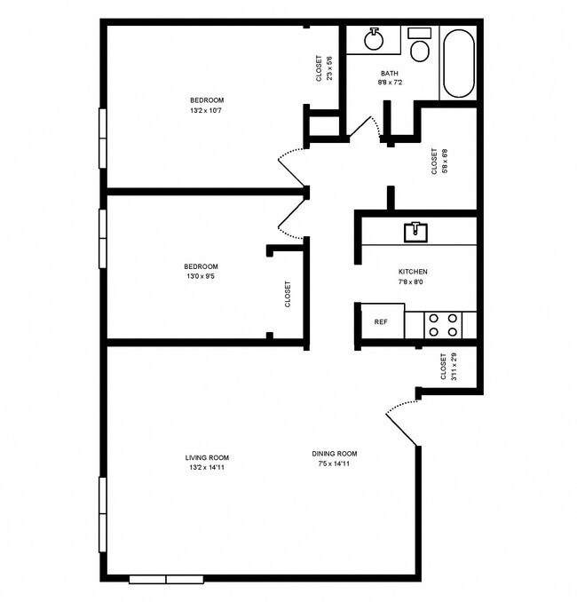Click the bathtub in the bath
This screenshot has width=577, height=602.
point(458,63)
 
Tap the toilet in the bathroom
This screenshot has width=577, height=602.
point(419,46)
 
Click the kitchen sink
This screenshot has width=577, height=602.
point(415,232)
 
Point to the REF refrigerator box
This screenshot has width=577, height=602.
point(380,321)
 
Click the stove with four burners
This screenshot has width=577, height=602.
point(442,324)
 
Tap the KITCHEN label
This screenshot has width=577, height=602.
point(413,272)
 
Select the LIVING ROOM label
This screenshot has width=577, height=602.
point(207,457)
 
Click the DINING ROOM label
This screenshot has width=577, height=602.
point(335,453)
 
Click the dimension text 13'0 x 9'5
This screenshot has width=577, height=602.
point(201,277)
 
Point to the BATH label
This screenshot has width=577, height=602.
point(390,73)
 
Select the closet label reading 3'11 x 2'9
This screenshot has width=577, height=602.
point(448,367)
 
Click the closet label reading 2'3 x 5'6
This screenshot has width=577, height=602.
point(324,69)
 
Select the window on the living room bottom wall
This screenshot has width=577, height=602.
point(166,580)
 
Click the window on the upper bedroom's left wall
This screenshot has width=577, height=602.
point(102,137)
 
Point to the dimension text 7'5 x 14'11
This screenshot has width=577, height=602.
point(335,463)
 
